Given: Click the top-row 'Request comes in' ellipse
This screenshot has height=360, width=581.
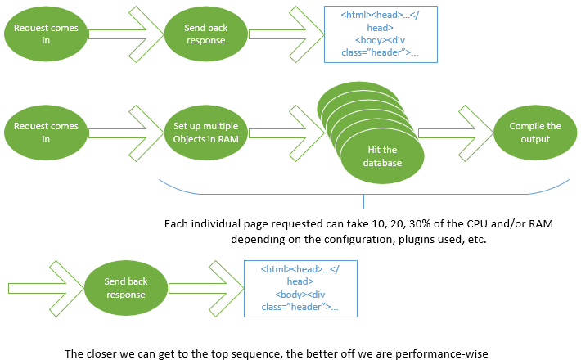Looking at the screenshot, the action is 46,34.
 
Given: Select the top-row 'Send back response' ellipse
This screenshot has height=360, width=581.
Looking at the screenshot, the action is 206,34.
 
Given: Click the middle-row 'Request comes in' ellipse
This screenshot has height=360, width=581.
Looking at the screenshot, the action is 46,133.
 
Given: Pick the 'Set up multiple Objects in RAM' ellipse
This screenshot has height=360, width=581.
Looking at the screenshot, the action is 206,133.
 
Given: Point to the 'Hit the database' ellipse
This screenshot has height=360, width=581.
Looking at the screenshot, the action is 382,156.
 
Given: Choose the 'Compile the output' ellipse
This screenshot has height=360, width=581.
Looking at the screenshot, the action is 535,133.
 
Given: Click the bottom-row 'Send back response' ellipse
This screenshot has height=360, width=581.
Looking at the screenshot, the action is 126,288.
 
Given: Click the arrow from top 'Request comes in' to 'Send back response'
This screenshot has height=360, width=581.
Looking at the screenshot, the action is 126,34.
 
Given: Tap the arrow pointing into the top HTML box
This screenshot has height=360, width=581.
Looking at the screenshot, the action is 286,34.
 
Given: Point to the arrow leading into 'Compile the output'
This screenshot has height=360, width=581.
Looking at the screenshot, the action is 455,133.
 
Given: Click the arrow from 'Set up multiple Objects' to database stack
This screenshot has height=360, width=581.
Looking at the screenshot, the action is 286,133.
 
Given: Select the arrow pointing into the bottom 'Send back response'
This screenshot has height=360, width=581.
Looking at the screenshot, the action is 46,289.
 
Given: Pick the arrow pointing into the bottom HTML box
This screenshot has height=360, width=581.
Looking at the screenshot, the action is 206,289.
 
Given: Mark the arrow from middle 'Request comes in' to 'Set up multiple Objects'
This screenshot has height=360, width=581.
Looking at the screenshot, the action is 126,133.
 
